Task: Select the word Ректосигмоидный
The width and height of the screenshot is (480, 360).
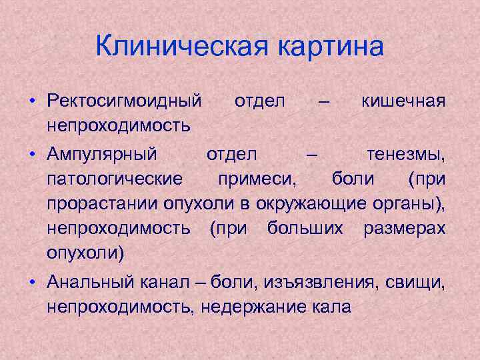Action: [124, 101]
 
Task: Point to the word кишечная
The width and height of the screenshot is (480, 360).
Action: [403, 101]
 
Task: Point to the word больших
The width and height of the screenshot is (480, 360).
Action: [305, 228]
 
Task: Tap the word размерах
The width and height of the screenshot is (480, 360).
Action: [405, 228]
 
